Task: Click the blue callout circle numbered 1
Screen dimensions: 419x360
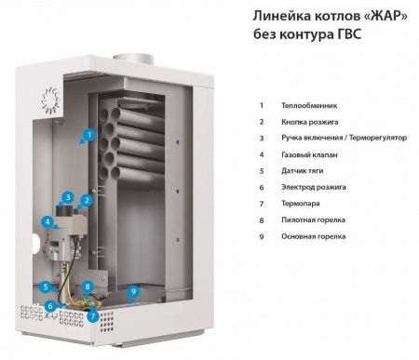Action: click(89, 135)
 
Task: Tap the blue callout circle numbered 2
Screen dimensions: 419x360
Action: click(87, 200)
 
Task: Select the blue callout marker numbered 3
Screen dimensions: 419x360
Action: click(68, 197)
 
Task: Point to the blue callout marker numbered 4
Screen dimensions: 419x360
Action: click(47, 222)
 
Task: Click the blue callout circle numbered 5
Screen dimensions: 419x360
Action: click(46, 287)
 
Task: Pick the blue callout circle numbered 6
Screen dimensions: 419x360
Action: click(51, 306)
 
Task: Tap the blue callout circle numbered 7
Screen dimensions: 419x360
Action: click(93, 316)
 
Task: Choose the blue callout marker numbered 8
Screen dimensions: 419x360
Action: click(88, 287)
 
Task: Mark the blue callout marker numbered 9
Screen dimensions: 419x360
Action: click(133, 292)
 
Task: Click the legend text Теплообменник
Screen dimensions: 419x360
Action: click(309, 106)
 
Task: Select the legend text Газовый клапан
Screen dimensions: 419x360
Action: click(309, 154)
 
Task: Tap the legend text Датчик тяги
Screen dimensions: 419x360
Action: click(303, 171)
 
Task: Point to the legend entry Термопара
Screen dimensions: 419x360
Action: click(301, 204)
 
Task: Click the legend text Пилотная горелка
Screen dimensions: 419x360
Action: click(313, 220)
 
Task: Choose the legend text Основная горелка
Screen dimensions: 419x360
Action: click(314, 236)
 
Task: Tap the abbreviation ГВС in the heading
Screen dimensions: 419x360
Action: click(349, 34)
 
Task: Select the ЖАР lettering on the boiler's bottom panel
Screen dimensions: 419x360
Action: click(51, 316)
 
